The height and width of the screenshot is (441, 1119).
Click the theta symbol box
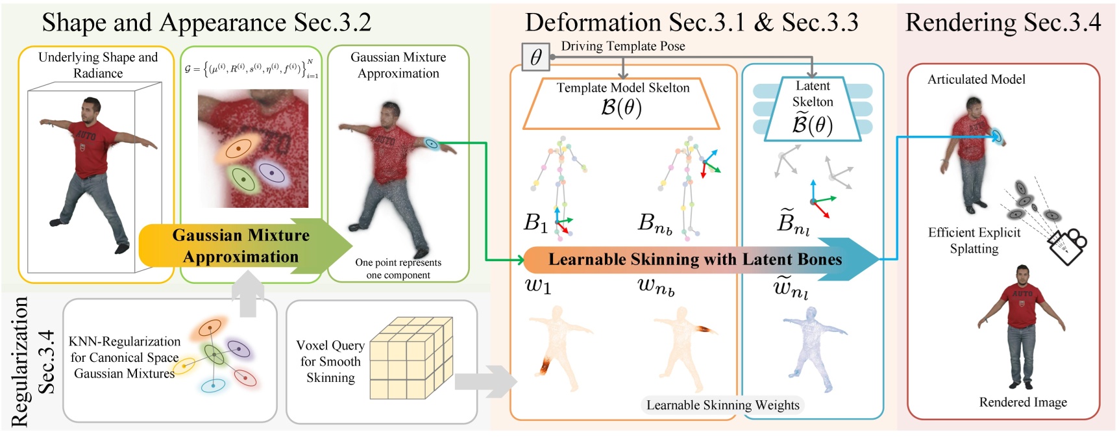[x=535, y=57]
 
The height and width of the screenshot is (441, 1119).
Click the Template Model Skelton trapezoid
[x=622, y=103]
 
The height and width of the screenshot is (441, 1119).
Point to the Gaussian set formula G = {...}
[x=251, y=68]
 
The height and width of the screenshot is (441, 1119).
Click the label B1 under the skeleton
[x=535, y=223]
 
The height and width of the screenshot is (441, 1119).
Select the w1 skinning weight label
[x=538, y=285]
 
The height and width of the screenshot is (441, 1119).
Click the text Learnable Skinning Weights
[x=722, y=405]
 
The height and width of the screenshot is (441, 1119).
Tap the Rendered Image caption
[x=1022, y=402]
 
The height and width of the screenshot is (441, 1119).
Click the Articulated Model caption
[x=976, y=79]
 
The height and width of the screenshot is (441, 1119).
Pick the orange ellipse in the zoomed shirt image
[x=237, y=149]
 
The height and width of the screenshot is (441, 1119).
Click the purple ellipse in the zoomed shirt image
[x=271, y=173]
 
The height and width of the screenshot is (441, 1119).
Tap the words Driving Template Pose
[x=622, y=46]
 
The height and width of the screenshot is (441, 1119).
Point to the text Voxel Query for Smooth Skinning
[x=330, y=361]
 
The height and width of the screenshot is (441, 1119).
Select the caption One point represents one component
[x=398, y=268]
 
